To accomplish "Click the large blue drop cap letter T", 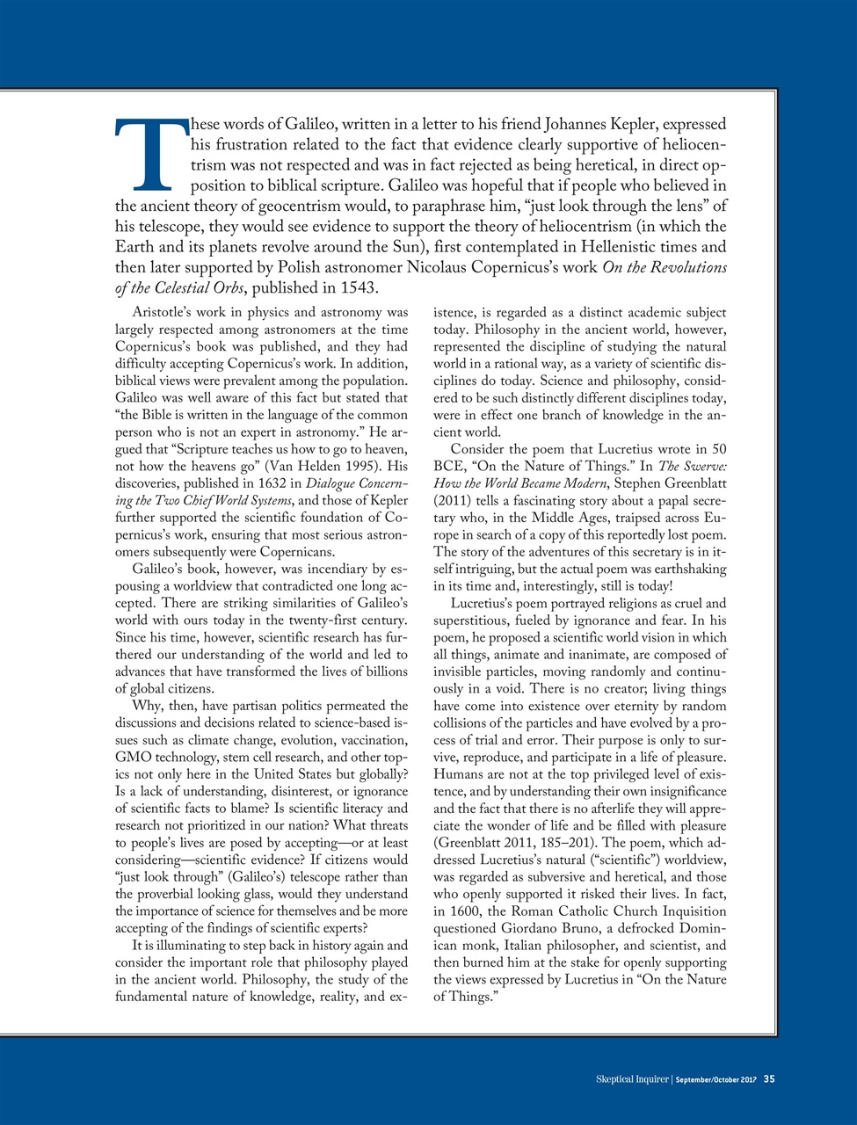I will (x=152, y=156).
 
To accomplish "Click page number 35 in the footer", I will (x=768, y=1078).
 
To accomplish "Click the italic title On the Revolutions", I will (x=665, y=268).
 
